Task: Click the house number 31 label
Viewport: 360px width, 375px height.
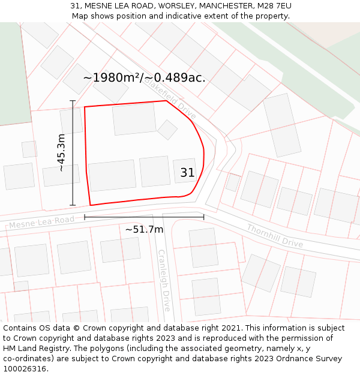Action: [187, 173]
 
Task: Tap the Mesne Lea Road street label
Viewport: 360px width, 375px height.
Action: [42, 222]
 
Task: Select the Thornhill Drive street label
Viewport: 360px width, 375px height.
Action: [275, 235]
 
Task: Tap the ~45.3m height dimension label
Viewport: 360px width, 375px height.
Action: [61, 153]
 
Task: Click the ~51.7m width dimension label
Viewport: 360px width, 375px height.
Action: [144, 229]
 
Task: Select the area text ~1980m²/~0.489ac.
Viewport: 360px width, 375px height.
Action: [144, 78]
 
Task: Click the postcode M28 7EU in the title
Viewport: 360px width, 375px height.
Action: [275, 6]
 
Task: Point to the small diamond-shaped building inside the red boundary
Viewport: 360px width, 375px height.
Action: [167, 130]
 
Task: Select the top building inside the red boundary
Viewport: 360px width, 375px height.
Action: [134, 119]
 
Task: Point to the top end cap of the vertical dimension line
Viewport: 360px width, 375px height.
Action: [73, 101]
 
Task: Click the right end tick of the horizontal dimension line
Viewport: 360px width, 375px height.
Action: [203, 217]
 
